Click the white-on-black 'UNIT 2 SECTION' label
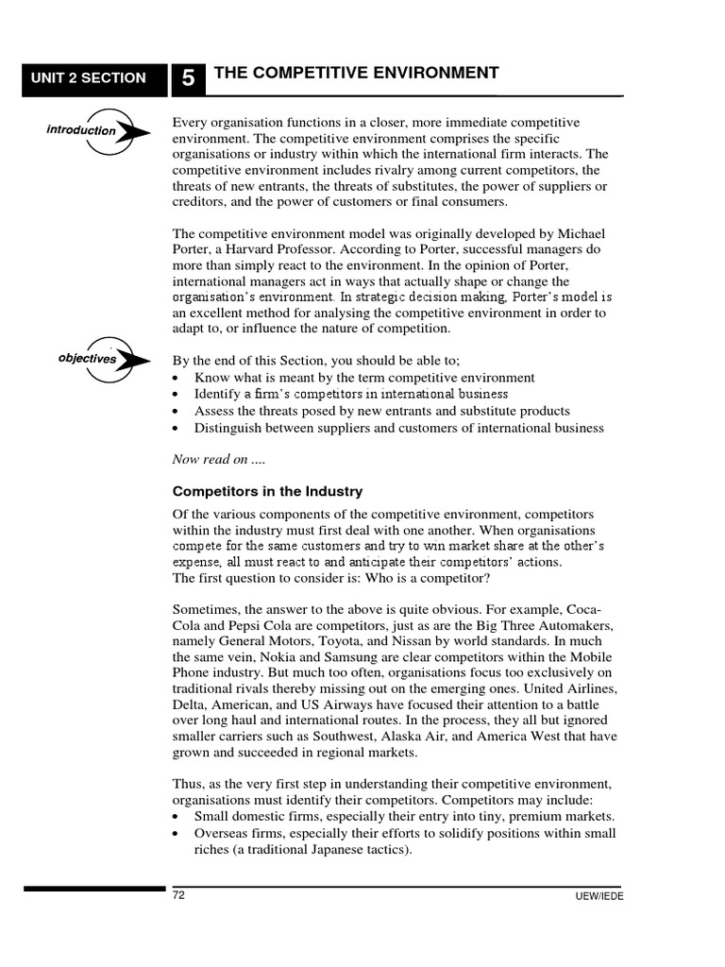coord(86,78)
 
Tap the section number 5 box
coord(189,79)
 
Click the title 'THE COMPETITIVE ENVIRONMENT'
coord(357,74)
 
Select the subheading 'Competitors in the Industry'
coord(267,491)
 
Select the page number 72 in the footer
coord(178,895)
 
